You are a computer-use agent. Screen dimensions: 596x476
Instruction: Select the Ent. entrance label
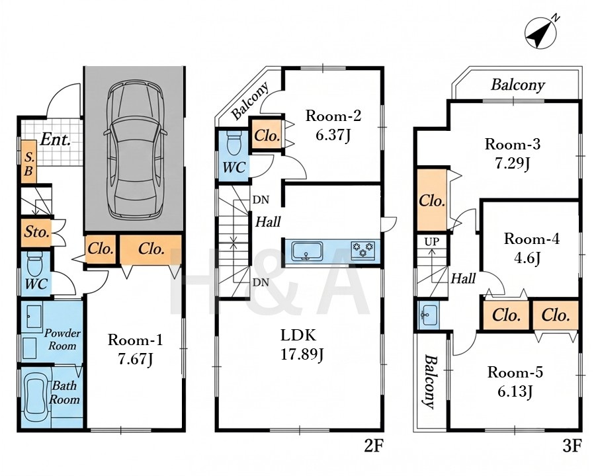(x=56, y=139)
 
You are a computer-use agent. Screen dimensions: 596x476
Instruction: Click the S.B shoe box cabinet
(x=28, y=162)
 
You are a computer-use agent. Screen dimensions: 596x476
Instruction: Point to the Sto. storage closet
(x=36, y=232)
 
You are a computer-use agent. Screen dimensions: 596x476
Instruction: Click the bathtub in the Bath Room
(x=35, y=396)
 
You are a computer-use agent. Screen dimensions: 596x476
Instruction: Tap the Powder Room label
(x=62, y=339)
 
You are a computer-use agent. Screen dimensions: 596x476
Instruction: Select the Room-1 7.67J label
(x=136, y=349)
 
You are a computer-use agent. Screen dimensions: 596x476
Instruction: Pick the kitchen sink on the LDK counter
(x=307, y=251)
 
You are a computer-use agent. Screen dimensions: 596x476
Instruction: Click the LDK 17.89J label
(x=302, y=345)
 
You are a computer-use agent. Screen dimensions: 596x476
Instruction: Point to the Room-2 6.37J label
(x=333, y=125)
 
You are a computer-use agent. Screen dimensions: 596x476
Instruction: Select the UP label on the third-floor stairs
(x=431, y=241)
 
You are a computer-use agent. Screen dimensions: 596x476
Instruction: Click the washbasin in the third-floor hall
(x=429, y=315)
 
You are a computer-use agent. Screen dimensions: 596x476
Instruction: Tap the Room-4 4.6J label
(x=532, y=249)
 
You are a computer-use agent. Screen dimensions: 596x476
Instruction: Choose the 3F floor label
(x=572, y=446)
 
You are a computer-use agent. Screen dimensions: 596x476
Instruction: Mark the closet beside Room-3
(x=432, y=200)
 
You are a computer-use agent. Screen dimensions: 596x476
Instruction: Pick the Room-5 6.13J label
(x=515, y=381)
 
